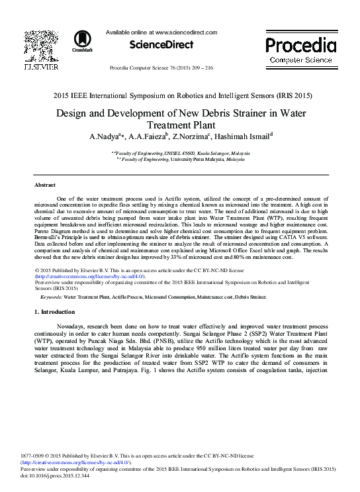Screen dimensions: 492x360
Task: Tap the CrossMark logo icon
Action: point(83,41)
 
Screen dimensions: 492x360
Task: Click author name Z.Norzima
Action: point(190,138)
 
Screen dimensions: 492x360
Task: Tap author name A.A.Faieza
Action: point(150,138)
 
